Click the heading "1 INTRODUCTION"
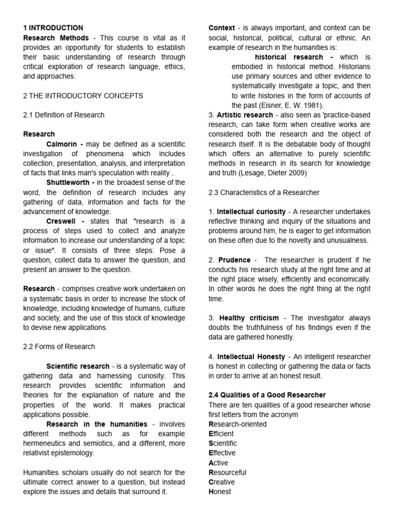pyautogui.click(x=53, y=28)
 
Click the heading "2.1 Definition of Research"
pyautogui.click(x=64, y=115)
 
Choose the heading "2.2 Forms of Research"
pyautogui.click(x=59, y=347)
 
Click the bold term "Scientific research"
pyautogui.click(x=78, y=366)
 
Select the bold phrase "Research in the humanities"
pyautogui.click(x=96, y=424)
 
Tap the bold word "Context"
pyautogui.click(x=222, y=28)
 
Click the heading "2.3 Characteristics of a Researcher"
pyautogui.click(x=264, y=192)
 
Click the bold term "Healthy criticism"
pyautogui.click(x=249, y=318)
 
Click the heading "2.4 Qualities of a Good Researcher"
pyautogui.click(x=267, y=395)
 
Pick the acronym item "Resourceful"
pyautogui.click(x=227, y=472)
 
